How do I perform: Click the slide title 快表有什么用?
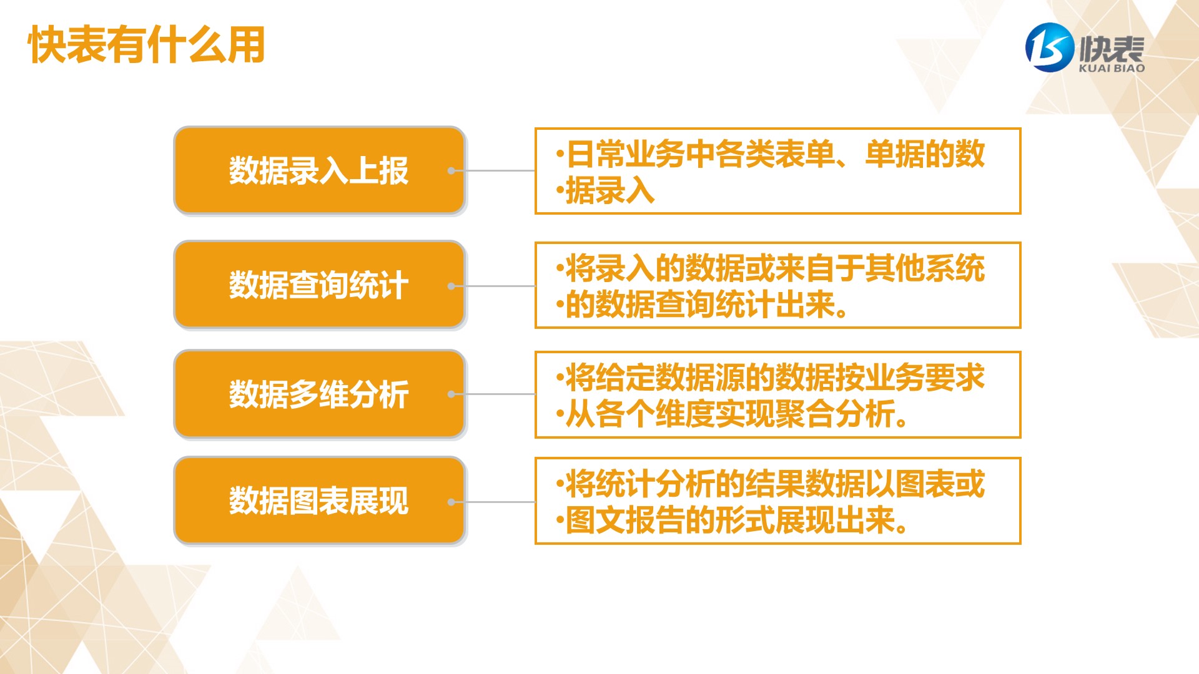tap(147, 45)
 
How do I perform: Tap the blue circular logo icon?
tap(1050, 47)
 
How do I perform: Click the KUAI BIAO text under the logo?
tap(1112, 68)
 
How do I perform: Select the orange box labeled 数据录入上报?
tap(320, 170)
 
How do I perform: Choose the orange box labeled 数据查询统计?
tap(320, 285)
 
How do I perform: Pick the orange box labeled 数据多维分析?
tap(320, 394)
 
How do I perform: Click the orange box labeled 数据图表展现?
tap(320, 501)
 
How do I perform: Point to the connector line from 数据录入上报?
tap(493, 170)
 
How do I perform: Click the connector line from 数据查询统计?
tap(493, 286)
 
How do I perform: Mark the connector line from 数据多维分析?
tap(493, 394)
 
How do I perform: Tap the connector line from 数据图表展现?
tap(493, 502)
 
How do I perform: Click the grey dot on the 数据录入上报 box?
tap(451, 170)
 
